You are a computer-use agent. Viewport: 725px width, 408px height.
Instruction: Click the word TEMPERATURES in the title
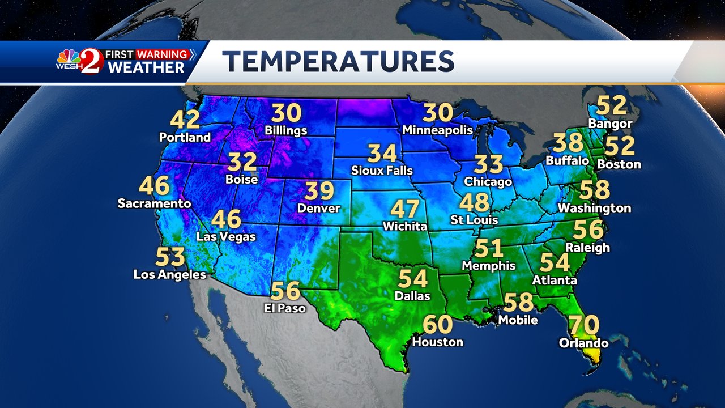[338, 61]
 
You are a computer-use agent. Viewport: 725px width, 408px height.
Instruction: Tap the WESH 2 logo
[80, 61]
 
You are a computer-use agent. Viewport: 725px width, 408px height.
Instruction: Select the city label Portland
[185, 137]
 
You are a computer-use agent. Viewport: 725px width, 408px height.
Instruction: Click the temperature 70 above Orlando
[583, 326]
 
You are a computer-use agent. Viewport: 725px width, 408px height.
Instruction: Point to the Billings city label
[286, 130]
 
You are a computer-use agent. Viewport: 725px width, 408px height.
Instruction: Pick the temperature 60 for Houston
[438, 325]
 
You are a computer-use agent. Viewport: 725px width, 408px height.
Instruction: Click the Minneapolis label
[437, 130]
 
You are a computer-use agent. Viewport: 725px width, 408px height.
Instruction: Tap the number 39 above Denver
[319, 191]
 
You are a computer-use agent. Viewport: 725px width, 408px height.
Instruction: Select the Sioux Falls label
[382, 170]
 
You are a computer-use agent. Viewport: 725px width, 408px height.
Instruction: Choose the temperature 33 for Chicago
[488, 164]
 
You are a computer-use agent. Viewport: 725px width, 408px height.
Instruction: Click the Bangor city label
[610, 123]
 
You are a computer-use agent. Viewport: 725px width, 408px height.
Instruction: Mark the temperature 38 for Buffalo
[568, 143]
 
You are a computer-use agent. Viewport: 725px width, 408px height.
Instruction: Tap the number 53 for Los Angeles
[170, 257]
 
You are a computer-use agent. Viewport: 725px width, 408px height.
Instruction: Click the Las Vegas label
[226, 236]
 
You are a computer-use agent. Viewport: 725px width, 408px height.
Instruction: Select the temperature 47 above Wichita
[404, 209]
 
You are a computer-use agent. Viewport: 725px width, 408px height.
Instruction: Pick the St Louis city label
[474, 219]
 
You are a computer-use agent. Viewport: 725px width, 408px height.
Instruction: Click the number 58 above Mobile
[518, 302]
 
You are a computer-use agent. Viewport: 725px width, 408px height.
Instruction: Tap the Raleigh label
[588, 247]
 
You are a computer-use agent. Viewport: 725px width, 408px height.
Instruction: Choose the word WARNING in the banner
[161, 54]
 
